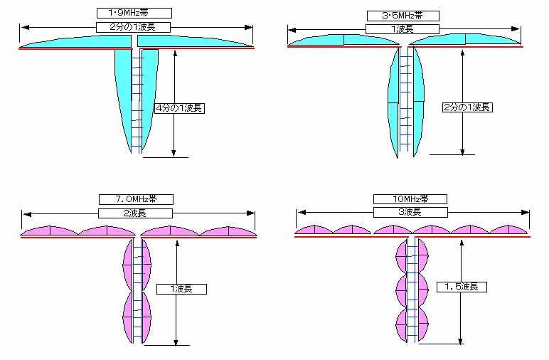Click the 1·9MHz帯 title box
click(x=134, y=13)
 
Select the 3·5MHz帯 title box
click(x=403, y=16)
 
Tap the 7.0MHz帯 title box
click(x=136, y=199)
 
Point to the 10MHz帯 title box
click(x=410, y=199)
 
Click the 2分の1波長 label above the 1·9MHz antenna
click(x=133, y=27)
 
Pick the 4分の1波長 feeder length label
click(x=179, y=108)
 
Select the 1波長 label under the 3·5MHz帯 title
click(x=403, y=29)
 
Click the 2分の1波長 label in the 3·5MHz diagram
click(x=467, y=107)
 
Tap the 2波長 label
click(x=135, y=213)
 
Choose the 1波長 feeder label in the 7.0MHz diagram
click(x=181, y=289)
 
